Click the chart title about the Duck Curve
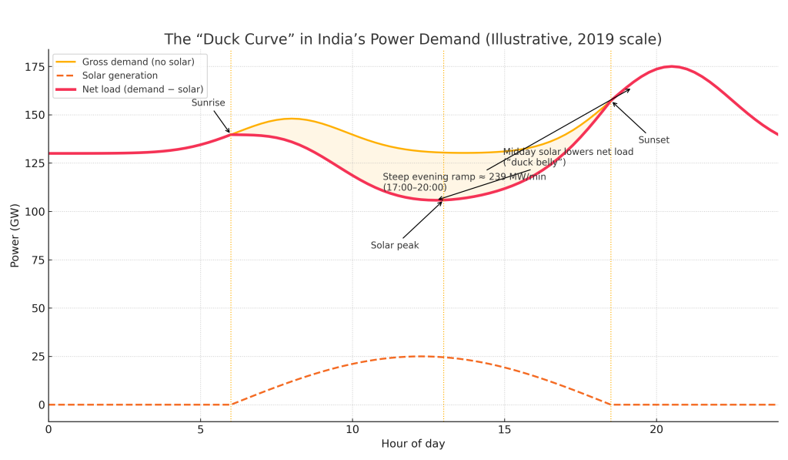point(412,39)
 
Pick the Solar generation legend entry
point(120,76)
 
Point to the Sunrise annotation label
point(208,102)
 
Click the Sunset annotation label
point(654,140)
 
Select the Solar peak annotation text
point(395,245)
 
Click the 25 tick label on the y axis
point(35,357)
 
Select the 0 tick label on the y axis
point(38,405)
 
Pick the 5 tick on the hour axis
point(201,429)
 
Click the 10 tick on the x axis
point(352,429)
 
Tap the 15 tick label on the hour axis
point(504,429)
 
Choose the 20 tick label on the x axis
point(656,429)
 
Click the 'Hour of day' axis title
point(413,444)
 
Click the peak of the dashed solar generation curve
point(421,356)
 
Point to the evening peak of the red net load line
point(671,66)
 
